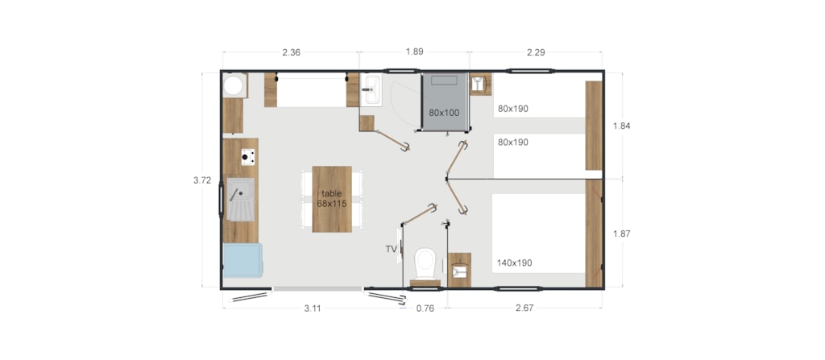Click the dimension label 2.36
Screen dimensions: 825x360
pyautogui.click(x=291, y=52)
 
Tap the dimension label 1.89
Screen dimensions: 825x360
pyautogui.click(x=415, y=52)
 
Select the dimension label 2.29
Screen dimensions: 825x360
pyautogui.click(x=536, y=52)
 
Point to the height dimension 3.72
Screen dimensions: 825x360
pyautogui.click(x=202, y=180)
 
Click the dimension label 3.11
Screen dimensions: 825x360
pyautogui.click(x=313, y=308)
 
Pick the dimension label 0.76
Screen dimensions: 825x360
pyautogui.click(x=425, y=308)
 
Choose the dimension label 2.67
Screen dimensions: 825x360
pyautogui.click(x=524, y=308)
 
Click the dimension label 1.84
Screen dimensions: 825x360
pyautogui.click(x=621, y=126)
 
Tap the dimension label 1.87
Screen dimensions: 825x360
pyautogui.click(x=621, y=234)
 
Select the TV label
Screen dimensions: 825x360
pyautogui.click(x=391, y=250)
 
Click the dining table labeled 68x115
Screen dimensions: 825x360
pyautogui.click(x=332, y=199)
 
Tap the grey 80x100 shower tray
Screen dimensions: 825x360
pyautogui.click(x=445, y=101)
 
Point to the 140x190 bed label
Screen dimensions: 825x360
pyautogui.click(x=514, y=263)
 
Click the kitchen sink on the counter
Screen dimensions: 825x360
pyautogui.click(x=240, y=199)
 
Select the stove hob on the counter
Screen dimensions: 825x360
pyautogui.click(x=248, y=157)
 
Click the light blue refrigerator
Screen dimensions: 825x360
pyautogui.click(x=243, y=260)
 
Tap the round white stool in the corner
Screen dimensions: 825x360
pyautogui.click(x=234, y=85)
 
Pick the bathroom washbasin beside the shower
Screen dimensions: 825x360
pyautogui.click(x=371, y=90)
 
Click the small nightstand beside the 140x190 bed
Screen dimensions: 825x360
pyautogui.click(x=459, y=270)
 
